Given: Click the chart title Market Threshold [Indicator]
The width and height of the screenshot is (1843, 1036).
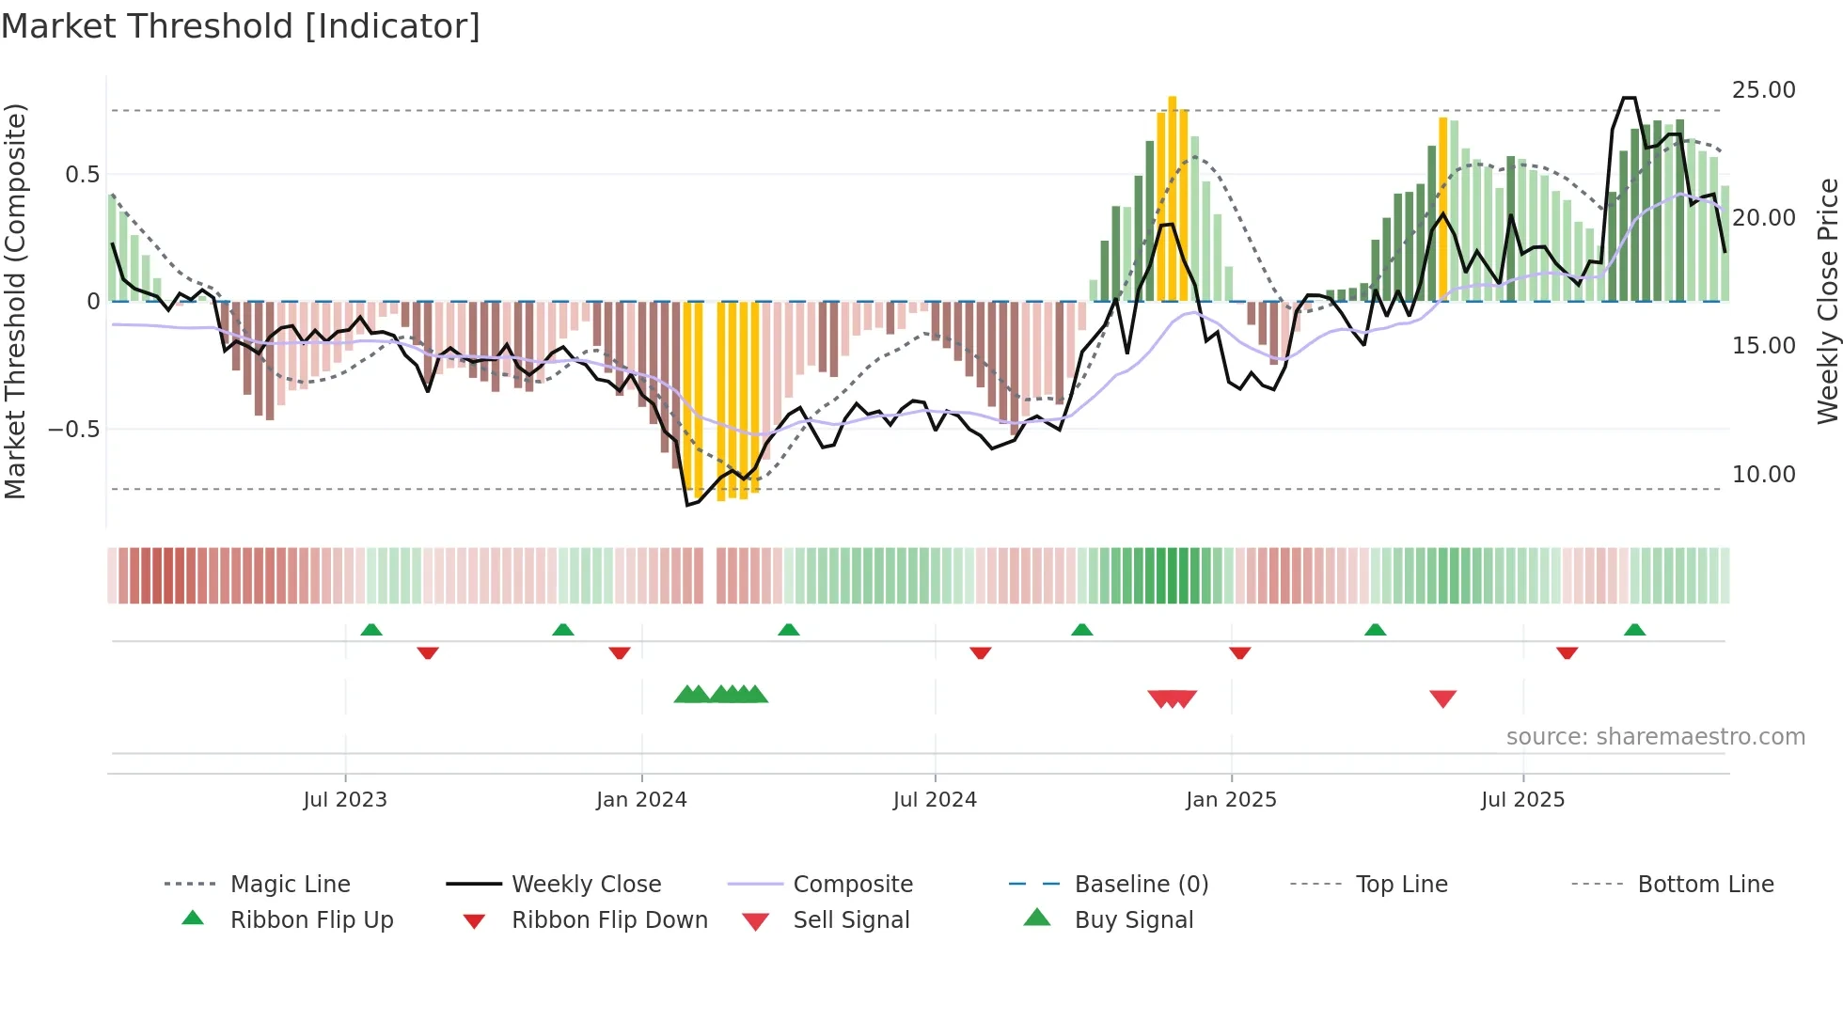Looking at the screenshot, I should click(241, 26).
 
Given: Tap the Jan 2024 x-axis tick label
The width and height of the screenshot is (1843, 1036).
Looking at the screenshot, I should click(641, 800).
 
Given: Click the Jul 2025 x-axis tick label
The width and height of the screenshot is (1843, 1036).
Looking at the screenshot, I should click(1522, 800).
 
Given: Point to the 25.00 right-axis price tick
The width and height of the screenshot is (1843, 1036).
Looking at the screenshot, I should click(1763, 90).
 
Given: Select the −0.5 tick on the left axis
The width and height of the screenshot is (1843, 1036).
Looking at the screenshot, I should click(73, 430).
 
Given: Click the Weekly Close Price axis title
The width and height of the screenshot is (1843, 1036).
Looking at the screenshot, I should click(1827, 301).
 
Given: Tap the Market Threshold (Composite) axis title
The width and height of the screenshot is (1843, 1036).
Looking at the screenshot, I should click(15, 301).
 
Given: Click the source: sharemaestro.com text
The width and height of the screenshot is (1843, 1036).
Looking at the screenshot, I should click(1655, 737).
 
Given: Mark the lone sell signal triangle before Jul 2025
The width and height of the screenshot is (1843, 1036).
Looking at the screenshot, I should click(1442, 698).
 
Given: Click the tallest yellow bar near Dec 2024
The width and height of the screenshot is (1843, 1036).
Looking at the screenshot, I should click(1172, 197).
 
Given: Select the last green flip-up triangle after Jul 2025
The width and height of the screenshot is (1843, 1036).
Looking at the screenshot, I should click(1634, 630).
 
